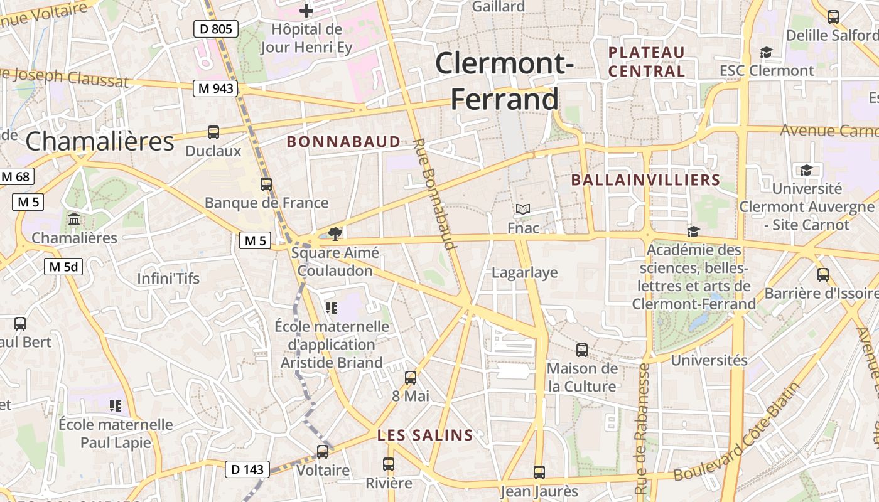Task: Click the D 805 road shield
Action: pos(216,28)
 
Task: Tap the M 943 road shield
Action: pos(215,88)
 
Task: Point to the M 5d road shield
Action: pos(63,267)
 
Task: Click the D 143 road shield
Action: pos(247,469)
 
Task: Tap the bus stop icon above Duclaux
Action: pos(213,132)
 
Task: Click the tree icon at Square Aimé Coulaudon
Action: pos(335,233)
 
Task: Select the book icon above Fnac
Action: pos(523,209)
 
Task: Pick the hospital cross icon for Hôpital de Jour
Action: pos(306,11)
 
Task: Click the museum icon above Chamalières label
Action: pos(74,220)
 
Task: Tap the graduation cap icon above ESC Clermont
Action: pos(766,52)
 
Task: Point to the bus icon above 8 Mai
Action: pos(411,377)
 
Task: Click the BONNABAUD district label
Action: pos(343,142)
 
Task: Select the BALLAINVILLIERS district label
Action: pos(645,181)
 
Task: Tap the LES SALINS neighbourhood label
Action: pos(425,435)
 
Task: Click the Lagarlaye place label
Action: pos(525,272)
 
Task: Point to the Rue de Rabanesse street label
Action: pos(642,428)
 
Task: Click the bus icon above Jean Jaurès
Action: pos(539,472)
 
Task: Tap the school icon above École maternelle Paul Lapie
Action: pos(115,405)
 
